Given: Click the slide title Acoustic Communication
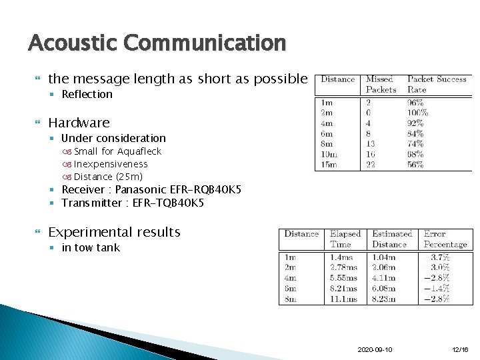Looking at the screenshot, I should [x=157, y=43].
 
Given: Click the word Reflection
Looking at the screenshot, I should [x=87, y=95].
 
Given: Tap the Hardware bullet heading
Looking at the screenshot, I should [x=79, y=123].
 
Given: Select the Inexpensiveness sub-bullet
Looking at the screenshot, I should [x=111, y=164].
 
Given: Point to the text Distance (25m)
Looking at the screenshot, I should [x=108, y=177].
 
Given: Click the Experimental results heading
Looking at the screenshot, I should [x=114, y=232].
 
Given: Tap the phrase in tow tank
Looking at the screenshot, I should [x=91, y=248].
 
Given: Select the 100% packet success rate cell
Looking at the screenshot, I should [x=417, y=113].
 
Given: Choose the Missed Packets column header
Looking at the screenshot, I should [x=381, y=84].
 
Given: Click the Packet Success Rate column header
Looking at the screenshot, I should [x=436, y=84].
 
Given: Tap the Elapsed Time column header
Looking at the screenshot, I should [x=345, y=239].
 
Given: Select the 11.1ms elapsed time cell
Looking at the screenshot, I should [x=343, y=299].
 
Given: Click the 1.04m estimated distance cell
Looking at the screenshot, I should [x=383, y=257].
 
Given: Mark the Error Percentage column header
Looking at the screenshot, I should [x=445, y=239].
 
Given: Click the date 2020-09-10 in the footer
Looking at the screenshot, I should [x=375, y=349].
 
